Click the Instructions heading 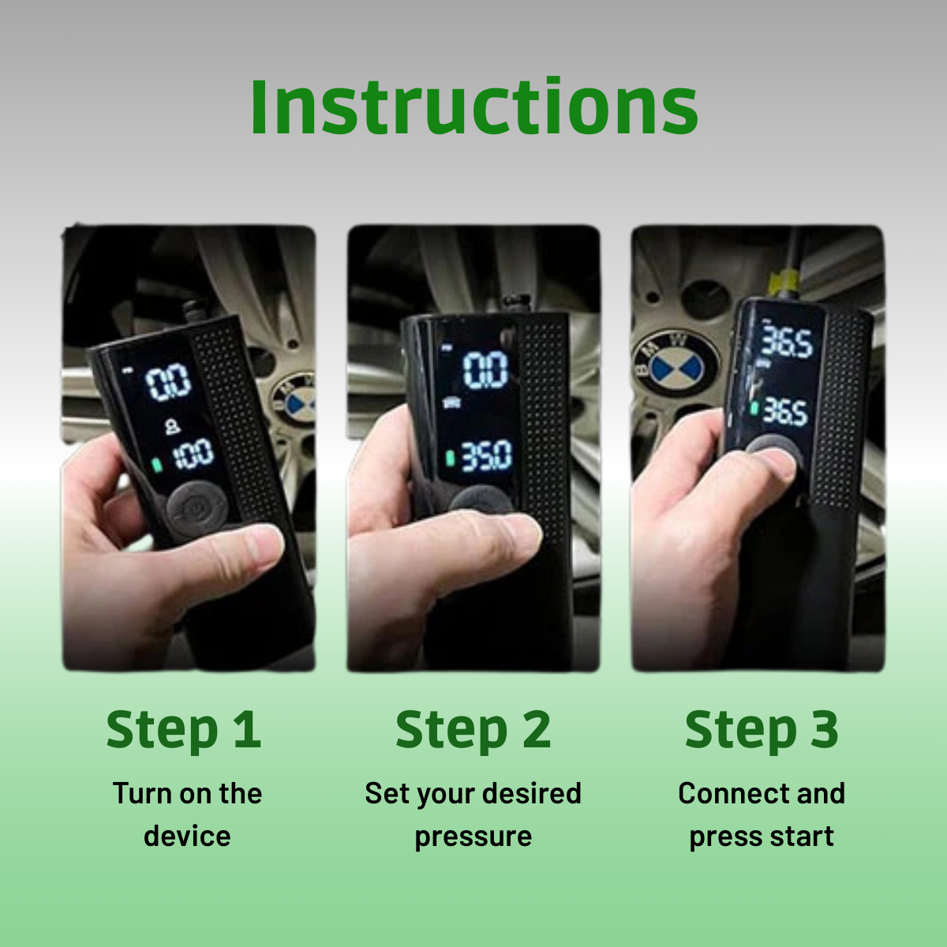coord(474,107)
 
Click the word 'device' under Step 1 coord(187,836)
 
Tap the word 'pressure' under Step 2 coord(473,837)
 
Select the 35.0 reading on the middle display coord(486,456)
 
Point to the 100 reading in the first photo coord(194,454)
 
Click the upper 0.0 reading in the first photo coord(168,382)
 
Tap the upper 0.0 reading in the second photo coord(485,369)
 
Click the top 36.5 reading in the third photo coord(787,340)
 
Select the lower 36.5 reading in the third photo coord(784,412)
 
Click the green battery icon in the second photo coord(450,458)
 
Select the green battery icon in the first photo coord(157,464)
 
